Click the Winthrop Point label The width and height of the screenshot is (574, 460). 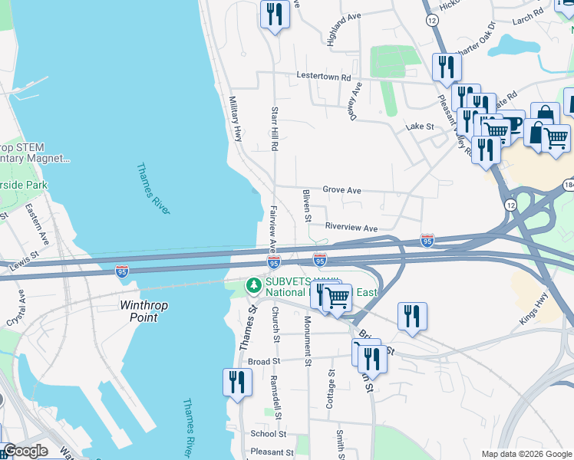(x=143, y=310)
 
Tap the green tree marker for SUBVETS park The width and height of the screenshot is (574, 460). (x=253, y=286)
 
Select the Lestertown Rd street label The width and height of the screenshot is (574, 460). (x=324, y=77)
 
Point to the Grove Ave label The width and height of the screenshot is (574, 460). (x=341, y=189)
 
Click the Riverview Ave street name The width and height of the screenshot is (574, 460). (x=351, y=228)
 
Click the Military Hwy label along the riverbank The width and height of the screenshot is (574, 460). (x=236, y=119)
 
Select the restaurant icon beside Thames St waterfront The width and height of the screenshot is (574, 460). (x=237, y=382)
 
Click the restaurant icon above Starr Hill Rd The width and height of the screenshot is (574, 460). (x=274, y=14)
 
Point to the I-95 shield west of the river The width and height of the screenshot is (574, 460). (x=121, y=271)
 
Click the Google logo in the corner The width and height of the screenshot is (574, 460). (x=25, y=451)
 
